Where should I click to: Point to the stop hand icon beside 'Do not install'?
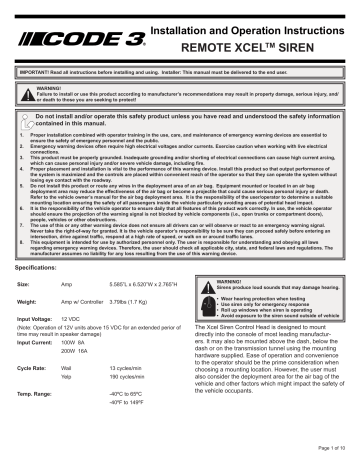(25, 119)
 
